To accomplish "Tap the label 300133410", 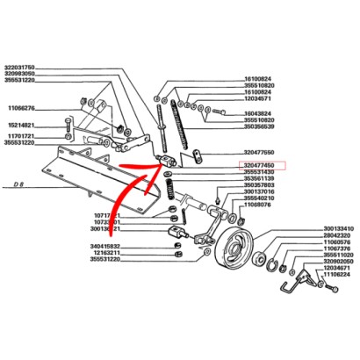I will pos(331,228).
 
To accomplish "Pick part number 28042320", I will pos(331,235).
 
